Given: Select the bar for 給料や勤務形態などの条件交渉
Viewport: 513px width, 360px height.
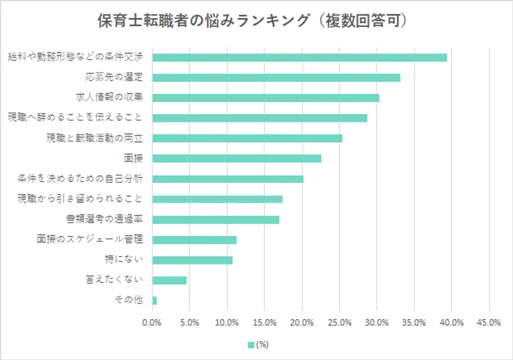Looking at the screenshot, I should [299, 57].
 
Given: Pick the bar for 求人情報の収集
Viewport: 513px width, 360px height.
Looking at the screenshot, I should [266, 98].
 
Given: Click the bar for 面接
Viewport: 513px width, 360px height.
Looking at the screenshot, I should [236, 158].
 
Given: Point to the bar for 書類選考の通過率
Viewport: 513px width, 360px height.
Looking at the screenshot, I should [216, 219].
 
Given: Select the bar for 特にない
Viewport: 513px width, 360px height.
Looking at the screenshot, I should [192, 260].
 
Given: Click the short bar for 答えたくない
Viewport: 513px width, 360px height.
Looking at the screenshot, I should [169, 280].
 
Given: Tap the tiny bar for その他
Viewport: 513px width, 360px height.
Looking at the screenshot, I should [155, 300].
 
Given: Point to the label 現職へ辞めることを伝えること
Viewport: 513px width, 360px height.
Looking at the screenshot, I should [75, 117].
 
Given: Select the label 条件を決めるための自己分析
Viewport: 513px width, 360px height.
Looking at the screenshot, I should [80, 178].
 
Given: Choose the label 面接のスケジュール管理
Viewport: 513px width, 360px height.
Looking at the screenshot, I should [90, 239].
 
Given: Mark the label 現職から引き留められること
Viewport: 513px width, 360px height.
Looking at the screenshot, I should [80, 199].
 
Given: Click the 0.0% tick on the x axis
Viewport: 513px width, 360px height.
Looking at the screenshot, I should [152, 322].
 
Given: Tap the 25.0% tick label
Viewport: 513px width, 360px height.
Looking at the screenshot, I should [340, 322].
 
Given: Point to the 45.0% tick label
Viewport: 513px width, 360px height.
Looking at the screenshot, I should [489, 322].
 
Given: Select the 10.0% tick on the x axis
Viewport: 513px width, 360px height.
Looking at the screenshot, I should [227, 322].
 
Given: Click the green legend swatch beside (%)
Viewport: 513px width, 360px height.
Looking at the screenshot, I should [250, 345].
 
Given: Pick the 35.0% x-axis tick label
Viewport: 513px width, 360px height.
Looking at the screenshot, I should [414, 322].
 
